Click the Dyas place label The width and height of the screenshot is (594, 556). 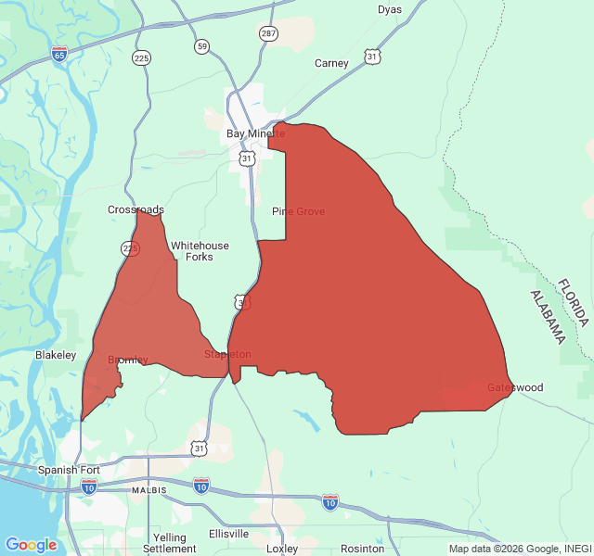(x=390, y=9)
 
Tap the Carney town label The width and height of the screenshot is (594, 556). (x=331, y=64)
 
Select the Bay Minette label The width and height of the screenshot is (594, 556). (x=255, y=133)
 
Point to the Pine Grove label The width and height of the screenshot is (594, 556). (x=298, y=211)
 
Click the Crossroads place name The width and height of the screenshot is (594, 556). (x=136, y=209)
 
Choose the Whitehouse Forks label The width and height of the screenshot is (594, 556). (x=200, y=251)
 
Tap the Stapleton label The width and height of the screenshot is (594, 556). (x=227, y=354)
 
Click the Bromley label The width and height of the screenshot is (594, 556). (x=127, y=360)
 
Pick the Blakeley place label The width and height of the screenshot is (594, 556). (x=56, y=355)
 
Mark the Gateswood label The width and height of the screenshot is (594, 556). (x=515, y=387)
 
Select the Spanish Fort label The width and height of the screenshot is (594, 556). (x=69, y=470)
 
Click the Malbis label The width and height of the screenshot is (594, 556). (x=148, y=489)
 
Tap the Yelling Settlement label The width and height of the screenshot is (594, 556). (x=170, y=543)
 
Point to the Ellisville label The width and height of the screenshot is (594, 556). (x=228, y=534)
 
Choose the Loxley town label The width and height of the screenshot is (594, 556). (x=282, y=549)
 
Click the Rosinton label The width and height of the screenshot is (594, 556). (x=362, y=549)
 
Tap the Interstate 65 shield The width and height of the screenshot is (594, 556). (x=59, y=53)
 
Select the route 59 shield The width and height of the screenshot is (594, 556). (x=201, y=45)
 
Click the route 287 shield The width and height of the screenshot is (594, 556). (x=268, y=33)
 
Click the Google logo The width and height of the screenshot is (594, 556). (x=31, y=545)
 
